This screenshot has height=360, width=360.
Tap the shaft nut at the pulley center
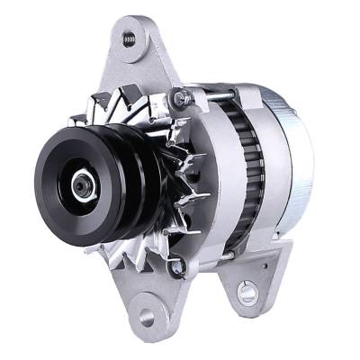[80, 184]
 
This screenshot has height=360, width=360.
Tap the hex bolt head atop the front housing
[180, 96]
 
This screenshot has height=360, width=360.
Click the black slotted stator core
[245, 171]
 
